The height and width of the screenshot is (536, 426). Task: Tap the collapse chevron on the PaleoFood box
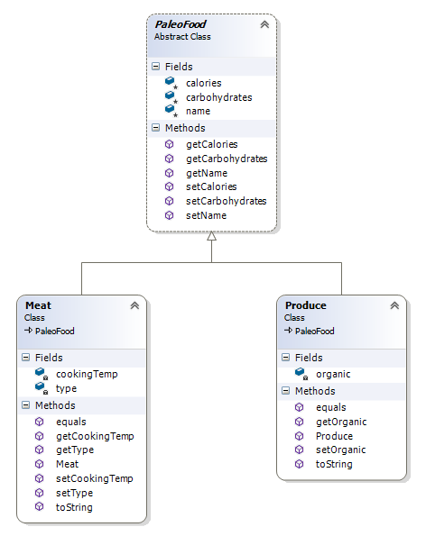[264, 25]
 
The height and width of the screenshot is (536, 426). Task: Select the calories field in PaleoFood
[204, 82]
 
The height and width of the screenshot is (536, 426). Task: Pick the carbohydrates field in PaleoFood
[218, 96]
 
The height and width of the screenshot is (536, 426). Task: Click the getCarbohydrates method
[226, 159]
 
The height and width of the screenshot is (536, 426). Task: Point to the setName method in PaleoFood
[206, 216]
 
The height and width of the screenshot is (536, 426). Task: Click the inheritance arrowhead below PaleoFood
[212, 236]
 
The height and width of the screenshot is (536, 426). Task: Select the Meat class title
[38, 306]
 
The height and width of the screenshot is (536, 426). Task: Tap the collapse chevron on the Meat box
[134, 306]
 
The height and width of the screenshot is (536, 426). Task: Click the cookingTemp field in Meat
[86, 374]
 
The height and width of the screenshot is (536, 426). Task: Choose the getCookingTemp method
[94, 436]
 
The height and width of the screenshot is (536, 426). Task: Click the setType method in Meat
[74, 493]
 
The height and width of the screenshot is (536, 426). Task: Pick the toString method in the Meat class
[74, 507]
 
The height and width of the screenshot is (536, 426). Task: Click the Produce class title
[305, 306]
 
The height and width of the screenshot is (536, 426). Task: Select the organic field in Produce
[333, 374]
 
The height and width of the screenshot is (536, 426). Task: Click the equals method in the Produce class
[330, 407]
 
